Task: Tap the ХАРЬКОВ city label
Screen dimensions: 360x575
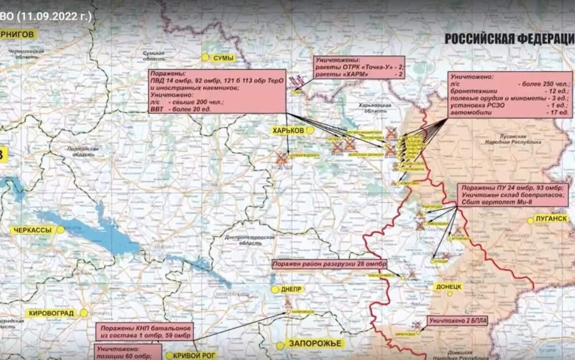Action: pyautogui.click(x=289, y=130)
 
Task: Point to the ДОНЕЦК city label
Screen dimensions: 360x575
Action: pyautogui.click(x=449, y=286)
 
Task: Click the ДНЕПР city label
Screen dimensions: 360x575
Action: pyautogui.click(x=292, y=290)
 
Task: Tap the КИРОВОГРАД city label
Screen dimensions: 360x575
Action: pyautogui.click(x=52, y=313)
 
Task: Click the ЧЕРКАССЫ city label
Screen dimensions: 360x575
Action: pyautogui.click(x=33, y=230)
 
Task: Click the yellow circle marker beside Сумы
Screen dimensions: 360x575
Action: pyautogui.click(x=205, y=57)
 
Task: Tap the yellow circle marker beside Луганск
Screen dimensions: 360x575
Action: pyautogui.click(x=530, y=220)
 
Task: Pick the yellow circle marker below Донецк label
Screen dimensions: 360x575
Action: pyautogui.click(x=450, y=294)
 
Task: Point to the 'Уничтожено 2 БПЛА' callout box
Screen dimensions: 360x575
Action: pyautogui.click(x=457, y=321)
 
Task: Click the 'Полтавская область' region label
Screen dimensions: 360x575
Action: pyautogui.click(x=82, y=152)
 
